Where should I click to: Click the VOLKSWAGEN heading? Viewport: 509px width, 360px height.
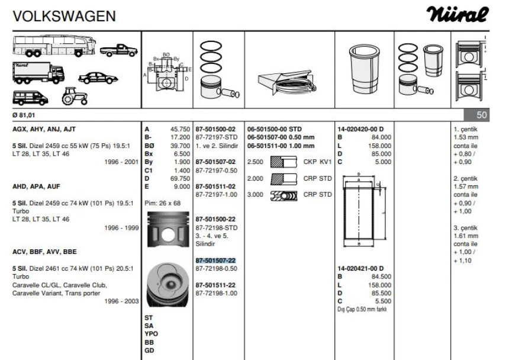pyautogui.click(x=64, y=16)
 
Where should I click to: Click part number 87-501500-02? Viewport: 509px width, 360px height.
pyautogui.click(x=215, y=129)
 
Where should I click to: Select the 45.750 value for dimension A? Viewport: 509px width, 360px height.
pyautogui.click(x=180, y=129)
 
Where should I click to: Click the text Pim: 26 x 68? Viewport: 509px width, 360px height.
pyautogui.click(x=163, y=203)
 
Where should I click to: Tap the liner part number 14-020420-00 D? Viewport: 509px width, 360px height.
pyautogui.click(x=360, y=129)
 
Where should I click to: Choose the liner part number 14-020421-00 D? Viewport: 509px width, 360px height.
pyautogui.click(x=360, y=268)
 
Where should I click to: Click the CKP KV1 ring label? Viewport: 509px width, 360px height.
pyautogui.click(x=317, y=162)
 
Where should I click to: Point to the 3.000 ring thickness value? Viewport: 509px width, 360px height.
pyautogui.click(x=255, y=195)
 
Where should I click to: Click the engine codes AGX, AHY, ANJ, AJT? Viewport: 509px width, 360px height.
pyautogui.click(x=44, y=129)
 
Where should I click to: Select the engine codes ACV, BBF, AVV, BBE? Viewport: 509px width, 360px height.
pyautogui.click(x=44, y=252)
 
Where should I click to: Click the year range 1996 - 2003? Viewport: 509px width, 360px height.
pyautogui.click(x=121, y=301)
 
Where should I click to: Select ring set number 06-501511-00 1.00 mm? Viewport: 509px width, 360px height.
pyautogui.click(x=281, y=146)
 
